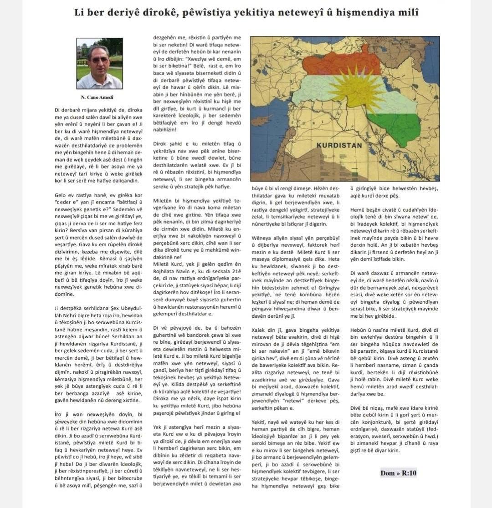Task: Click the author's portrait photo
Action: [99, 63]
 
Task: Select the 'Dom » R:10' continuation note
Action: [399, 473]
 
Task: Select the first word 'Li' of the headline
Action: [79, 13]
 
